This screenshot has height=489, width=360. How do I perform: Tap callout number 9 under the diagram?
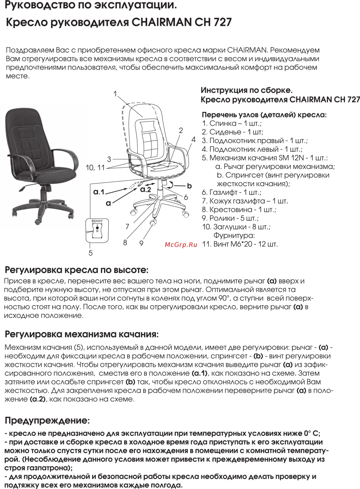[x=141, y=242]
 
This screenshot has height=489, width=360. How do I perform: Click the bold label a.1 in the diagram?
[x=99, y=192]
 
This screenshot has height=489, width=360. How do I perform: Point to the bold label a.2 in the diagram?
[x=146, y=189]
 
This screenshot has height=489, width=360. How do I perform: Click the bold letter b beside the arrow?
[x=189, y=185]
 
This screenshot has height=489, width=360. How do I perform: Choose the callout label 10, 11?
[x=95, y=167]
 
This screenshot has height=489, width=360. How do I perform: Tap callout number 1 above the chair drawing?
[x=115, y=94]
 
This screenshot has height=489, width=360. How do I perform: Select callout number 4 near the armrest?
[x=193, y=140]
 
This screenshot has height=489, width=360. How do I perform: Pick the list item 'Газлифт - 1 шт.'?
[x=231, y=193]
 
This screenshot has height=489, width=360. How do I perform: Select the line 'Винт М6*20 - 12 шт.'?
[x=240, y=244]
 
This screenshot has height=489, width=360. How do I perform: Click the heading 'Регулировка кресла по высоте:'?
[x=76, y=270]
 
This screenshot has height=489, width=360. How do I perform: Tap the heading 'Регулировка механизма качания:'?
[x=81, y=334]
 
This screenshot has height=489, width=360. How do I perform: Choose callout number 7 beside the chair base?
[x=127, y=227]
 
